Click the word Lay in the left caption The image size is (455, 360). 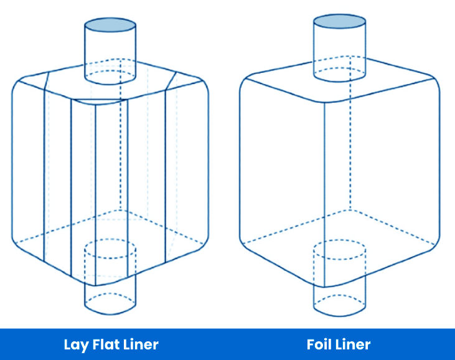coord(76,344)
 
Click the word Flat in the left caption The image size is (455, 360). coord(106,344)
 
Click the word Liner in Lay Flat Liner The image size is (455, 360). coord(140,344)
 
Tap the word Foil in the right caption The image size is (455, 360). coord(321,344)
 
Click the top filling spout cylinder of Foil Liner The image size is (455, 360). coord(339,50)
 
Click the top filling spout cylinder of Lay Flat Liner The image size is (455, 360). coord(110,53)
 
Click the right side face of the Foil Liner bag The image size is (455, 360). coord(386,174)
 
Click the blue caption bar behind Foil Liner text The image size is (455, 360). coord(411,344)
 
